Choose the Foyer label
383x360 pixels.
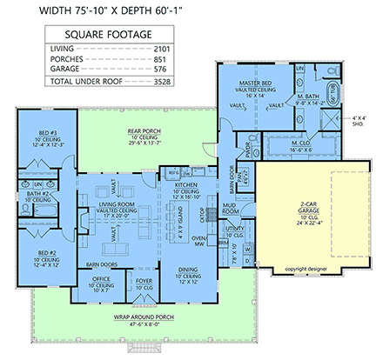pyautogui.click(x=142, y=280)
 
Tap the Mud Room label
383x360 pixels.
pyautogui.click(x=231, y=209)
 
